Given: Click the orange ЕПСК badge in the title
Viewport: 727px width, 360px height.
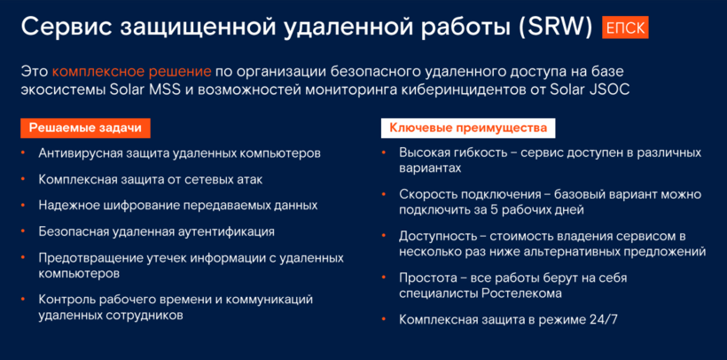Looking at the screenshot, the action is pyautogui.click(x=625, y=27).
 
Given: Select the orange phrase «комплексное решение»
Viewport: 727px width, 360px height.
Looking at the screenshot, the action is pyautogui.click(x=132, y=73).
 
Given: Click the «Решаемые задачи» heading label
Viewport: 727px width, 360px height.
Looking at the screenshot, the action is pyautogui.click(x=85, y=128).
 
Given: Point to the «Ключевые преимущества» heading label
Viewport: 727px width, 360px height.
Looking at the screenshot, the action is pyautogui.click(x=468, y=128).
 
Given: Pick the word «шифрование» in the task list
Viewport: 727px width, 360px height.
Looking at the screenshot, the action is pyautogui.click(x=142, y=206).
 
